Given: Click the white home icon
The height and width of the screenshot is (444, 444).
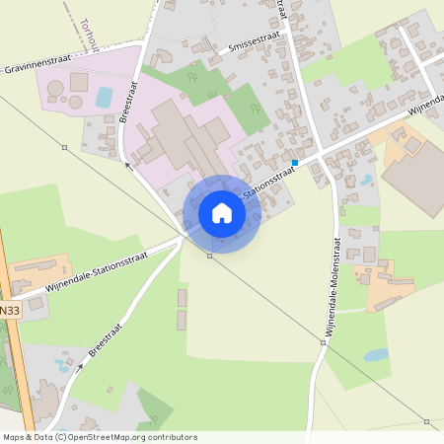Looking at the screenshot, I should point(221,213).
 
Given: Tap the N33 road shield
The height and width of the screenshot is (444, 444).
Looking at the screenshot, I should point(9,310).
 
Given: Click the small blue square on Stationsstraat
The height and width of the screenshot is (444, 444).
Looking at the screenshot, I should point(295,162).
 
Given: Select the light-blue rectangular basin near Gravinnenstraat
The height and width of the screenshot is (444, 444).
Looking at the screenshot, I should point(104,97).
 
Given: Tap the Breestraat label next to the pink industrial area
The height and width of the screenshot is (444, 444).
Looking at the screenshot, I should point(127,101).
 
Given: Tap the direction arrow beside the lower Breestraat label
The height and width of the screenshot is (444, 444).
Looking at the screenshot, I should point(81,364).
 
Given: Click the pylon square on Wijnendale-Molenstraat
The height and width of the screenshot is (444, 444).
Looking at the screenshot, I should point(323,343).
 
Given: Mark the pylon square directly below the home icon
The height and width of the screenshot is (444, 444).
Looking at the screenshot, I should point(209,256).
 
